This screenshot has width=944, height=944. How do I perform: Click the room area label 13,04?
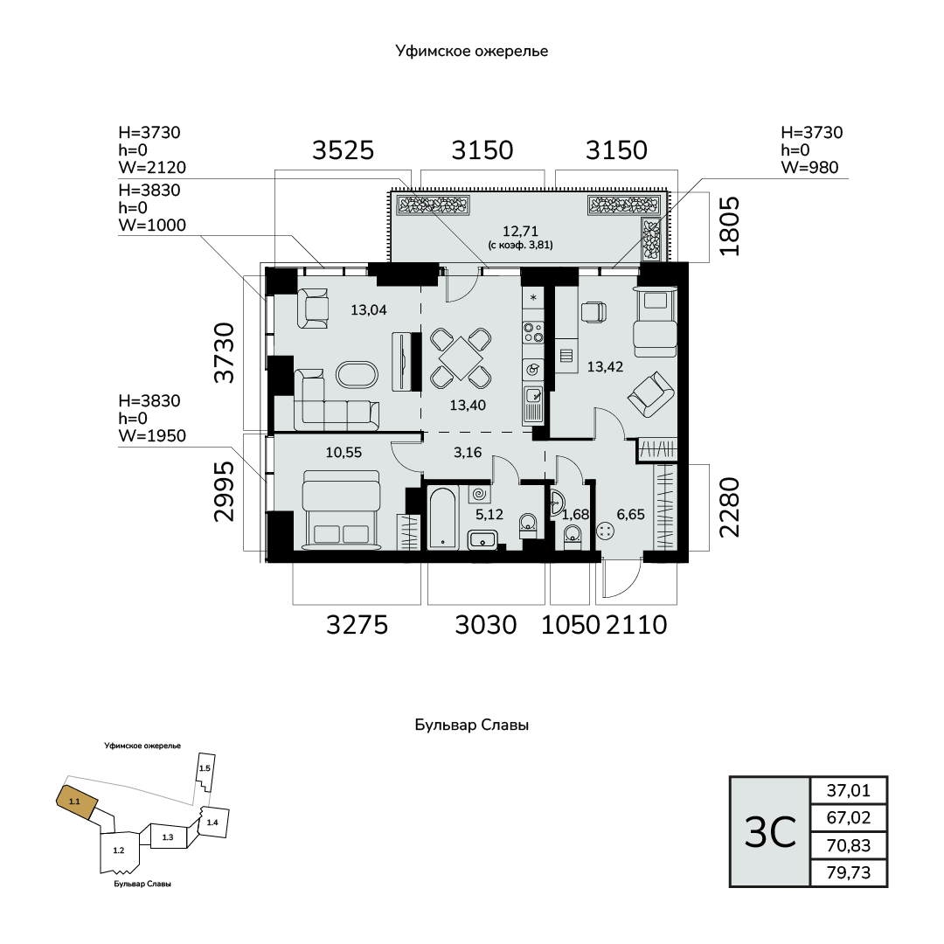tap(369, 310)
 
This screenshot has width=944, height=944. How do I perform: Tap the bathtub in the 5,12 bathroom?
tap(443, 518)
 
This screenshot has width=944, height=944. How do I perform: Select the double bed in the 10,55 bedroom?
tap(342, 510)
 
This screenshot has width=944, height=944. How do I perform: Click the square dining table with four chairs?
tap(461, 358)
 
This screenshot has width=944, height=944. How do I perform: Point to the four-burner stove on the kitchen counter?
tap(533, 332)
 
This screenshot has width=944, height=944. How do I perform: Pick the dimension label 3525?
tap(344, 150)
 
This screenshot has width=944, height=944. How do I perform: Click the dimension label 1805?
tap(729, 226)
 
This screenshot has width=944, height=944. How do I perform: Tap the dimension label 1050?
tap(570, 625)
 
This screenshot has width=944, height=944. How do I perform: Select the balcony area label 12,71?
tap(520, 231)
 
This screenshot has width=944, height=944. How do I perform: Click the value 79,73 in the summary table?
tap(848, 872)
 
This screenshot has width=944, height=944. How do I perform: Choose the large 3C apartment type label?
tap(770, 832)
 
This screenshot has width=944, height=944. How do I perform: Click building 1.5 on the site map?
tap(205, 770)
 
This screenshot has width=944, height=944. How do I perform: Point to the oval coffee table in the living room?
tap(357, 375)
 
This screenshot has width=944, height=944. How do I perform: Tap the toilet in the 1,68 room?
tap(572, 535)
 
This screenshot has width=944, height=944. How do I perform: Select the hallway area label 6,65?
tap(630, 514)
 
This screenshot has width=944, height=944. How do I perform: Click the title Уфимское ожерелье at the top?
tap(472, 52)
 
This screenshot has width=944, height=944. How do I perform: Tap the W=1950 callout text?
tap(152, 436)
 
